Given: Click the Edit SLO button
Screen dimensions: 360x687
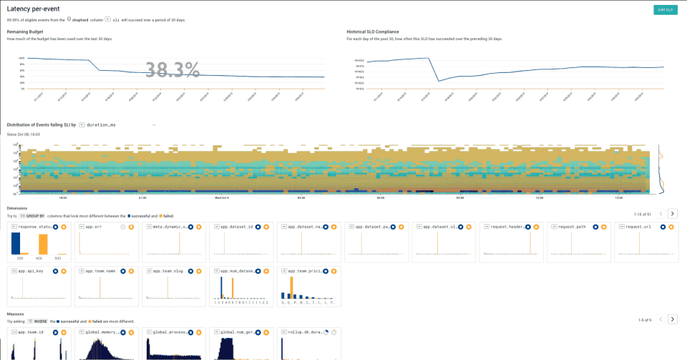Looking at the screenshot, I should tap(665, 9).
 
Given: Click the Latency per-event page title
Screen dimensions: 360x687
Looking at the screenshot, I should tap(34, 9).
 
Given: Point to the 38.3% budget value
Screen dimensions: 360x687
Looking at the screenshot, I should tap(172, 69).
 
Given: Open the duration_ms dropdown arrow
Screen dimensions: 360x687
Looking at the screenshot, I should tap(153, 125).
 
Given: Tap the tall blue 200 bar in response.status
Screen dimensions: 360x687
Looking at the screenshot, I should tap(16, 243).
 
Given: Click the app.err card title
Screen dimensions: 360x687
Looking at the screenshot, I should tap(94, 226).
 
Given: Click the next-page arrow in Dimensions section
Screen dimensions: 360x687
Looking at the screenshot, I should tap(672, 213).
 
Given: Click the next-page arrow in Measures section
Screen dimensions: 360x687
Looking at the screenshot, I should tap(672, 319).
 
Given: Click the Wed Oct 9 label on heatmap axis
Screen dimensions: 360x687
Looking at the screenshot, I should tap(223, 198).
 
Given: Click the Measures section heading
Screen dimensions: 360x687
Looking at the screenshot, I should tap(17, 313).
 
